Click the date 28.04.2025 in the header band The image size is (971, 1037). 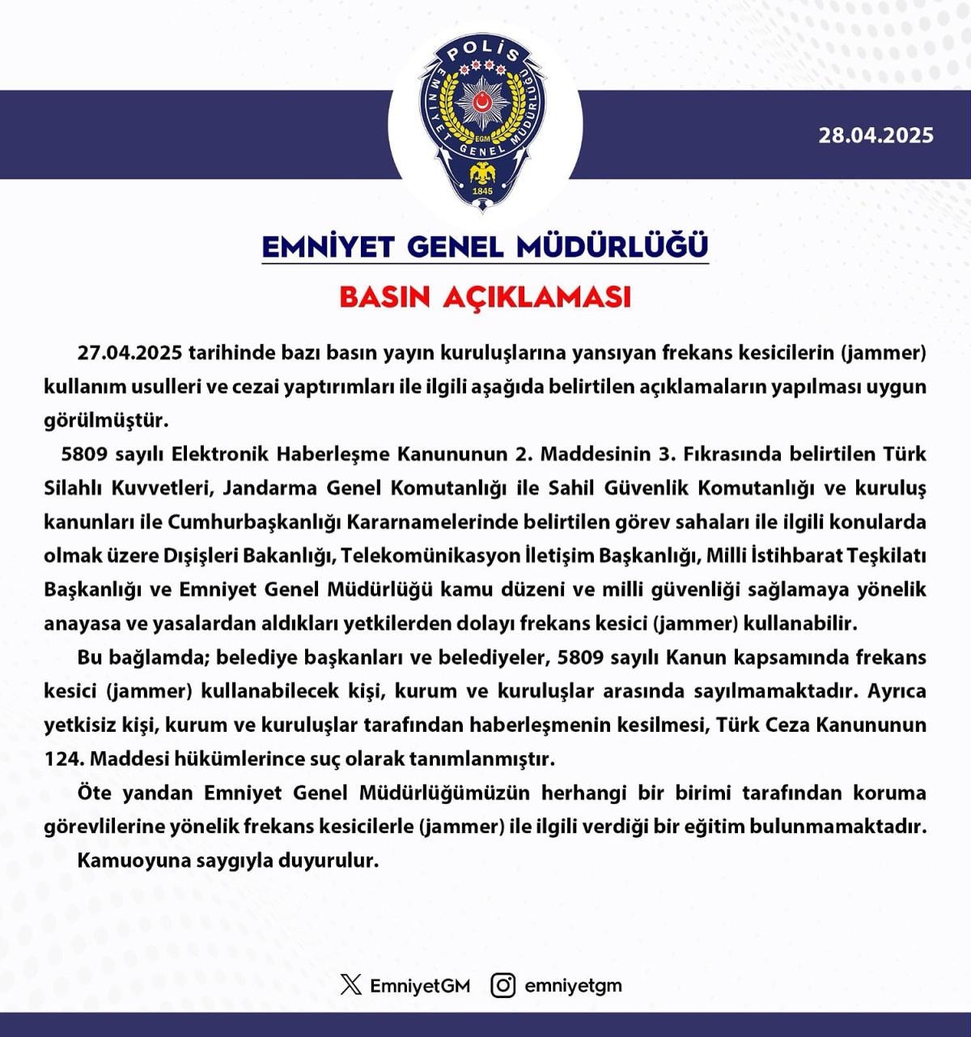click(x=876, y=135)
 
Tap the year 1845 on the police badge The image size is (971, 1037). click(x=482, y=191)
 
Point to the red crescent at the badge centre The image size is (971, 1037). click(x=483, y=102)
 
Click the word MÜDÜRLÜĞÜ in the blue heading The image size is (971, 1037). click(x=613, y=246)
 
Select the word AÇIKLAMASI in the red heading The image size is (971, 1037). click(x=536, y=297)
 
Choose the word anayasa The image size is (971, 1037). click(x=83, y=624)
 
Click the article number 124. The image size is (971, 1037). click(x=63, y=759)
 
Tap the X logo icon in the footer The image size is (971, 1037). click(x=351, y=985)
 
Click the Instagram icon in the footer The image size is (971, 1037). click(x=502, y=985)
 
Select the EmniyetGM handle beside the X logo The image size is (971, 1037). click(x=419, y=986)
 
